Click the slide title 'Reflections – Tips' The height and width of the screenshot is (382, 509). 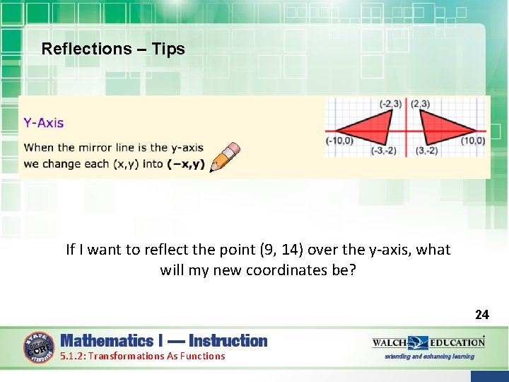113,49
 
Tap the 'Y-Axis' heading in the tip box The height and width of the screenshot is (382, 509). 44,123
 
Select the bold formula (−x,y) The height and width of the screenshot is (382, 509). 186,164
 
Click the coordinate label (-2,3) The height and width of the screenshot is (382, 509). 390,104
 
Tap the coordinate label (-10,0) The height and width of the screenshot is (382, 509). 339,141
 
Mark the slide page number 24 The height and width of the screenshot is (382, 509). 481,314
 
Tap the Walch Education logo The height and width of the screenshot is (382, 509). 428,342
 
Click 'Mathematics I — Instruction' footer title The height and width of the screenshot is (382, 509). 164,341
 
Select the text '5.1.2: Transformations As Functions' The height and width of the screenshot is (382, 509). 142,357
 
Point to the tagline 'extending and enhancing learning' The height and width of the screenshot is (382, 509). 429,357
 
